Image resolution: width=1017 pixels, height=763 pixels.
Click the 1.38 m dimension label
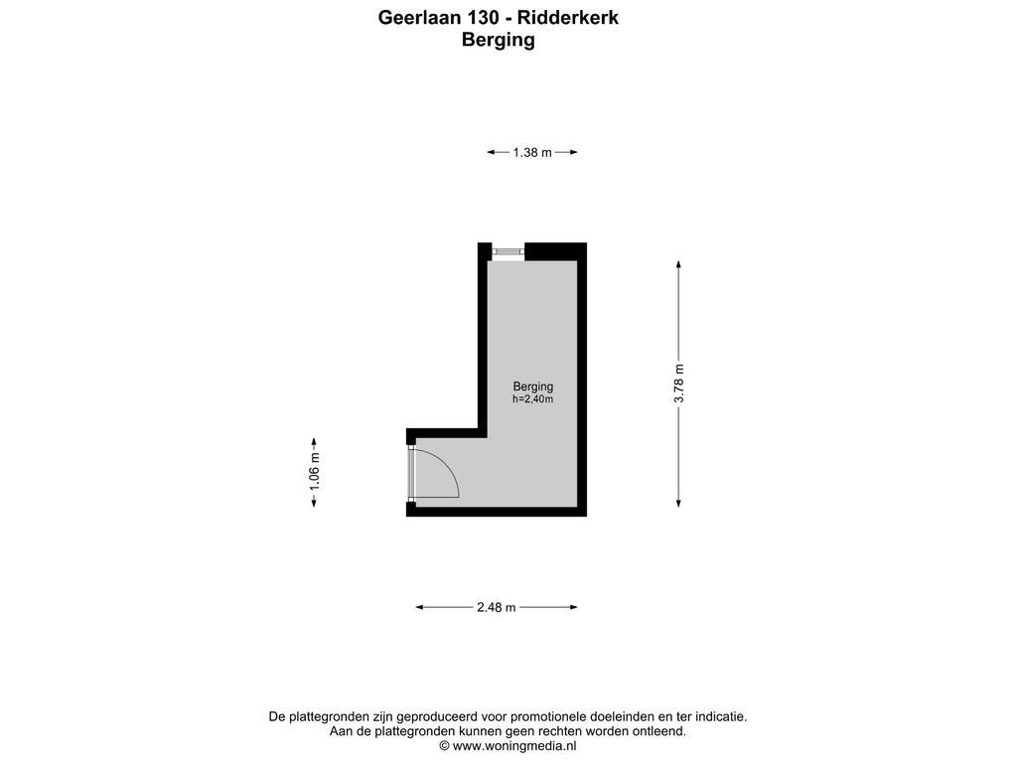(x=532, y=152)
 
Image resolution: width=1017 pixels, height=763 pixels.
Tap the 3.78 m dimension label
(x=679, y=383)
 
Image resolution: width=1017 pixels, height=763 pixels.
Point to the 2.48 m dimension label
(x=497, y=607)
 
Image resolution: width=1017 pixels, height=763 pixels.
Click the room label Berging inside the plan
(x=533, y=386)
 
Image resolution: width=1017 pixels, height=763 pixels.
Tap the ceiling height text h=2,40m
(x=533, y=399)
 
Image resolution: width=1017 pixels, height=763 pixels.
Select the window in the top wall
(x=508, y=251)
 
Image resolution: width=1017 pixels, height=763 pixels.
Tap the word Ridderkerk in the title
(x=568, y=18)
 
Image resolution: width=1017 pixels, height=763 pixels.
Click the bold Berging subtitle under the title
(x=499, y=40)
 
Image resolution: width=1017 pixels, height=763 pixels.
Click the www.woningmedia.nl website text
(x=514, y=746)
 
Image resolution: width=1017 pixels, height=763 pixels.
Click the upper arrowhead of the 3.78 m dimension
(x=679, y=264)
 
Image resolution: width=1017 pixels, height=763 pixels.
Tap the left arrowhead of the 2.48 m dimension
(x=420, y=607)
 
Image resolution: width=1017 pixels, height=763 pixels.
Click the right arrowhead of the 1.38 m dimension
(x=573, y=152)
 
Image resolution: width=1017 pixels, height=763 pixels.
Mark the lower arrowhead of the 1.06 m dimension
(x=315, y=502)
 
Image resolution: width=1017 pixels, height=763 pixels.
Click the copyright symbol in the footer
(x=444, y=746)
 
